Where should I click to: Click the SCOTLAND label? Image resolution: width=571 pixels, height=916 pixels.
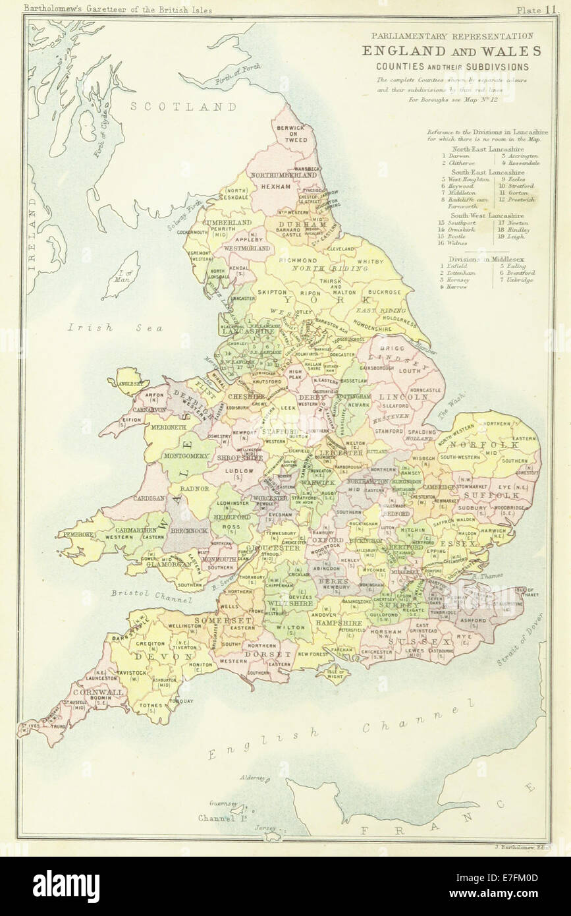pyautogui.click(x=183, y=106)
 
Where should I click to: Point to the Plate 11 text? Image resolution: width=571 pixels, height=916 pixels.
pyautogui.click(x=538, y=10)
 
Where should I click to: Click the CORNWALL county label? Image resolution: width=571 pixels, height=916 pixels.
pyautogui.click(x=98, y=693)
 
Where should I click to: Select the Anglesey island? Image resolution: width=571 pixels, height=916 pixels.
pyautogui.click(x=131, y=380)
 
